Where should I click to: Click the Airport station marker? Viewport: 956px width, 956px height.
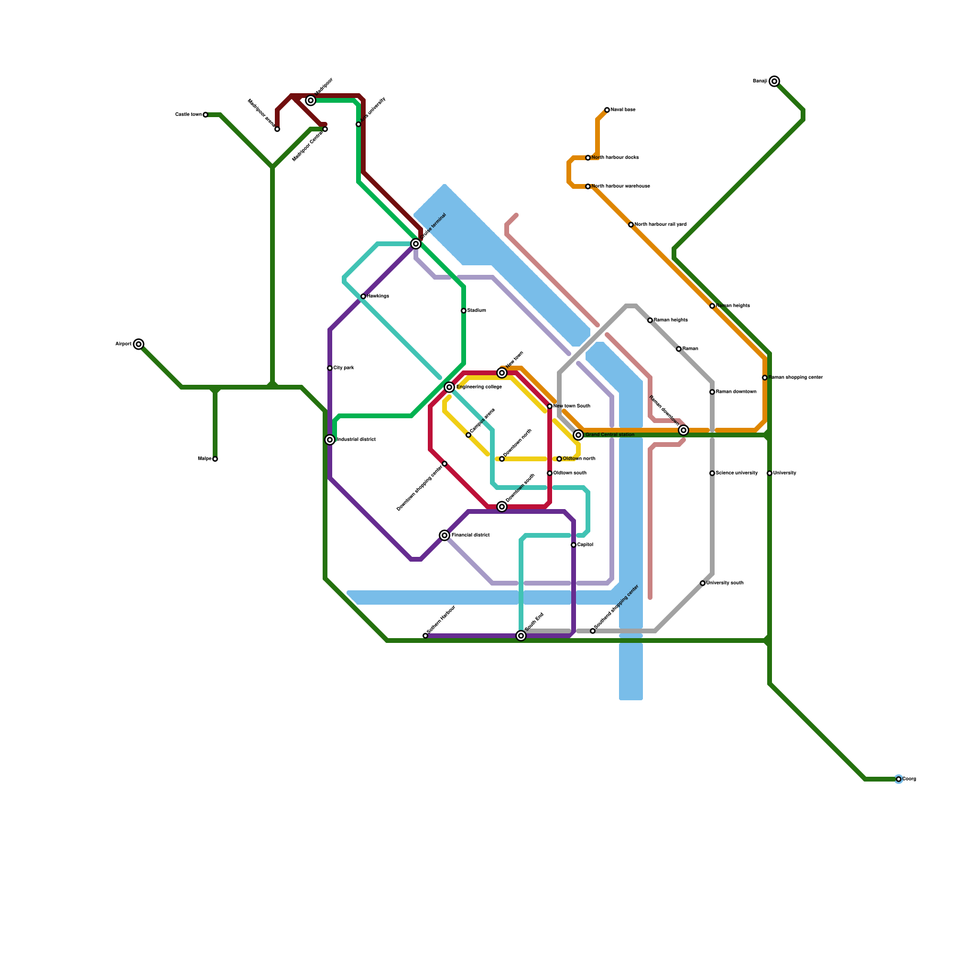tap(139, 344)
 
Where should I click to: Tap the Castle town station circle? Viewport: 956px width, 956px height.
tap(206, 115)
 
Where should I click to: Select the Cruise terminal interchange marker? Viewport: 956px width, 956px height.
tap(416, 244)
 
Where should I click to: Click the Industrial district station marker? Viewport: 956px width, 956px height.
tap(330, 440)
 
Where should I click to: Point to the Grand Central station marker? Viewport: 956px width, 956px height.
tap(578, 435)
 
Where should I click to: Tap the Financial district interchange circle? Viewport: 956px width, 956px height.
tap(445, 535)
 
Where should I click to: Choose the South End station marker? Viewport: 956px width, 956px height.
tap(521, 636)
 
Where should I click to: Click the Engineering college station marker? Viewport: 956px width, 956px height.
tap(449, 387)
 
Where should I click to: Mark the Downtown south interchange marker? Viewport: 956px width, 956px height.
tap(502, 507)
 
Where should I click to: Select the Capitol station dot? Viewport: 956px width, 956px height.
tap(574, 545)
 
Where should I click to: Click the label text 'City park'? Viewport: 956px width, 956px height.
tap(344, 368)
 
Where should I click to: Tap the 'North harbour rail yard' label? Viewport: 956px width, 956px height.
tap(660, 225)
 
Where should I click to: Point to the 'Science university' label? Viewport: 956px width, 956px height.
tap(737, 473)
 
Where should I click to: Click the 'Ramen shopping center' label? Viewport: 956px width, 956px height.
tap(795, 378)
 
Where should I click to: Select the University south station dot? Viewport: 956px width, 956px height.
tap(703, 583)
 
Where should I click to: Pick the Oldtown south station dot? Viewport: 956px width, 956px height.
tap(550, 473)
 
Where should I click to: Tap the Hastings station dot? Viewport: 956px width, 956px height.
tap(363, 296)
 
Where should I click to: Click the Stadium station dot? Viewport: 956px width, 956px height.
tap(464, 311)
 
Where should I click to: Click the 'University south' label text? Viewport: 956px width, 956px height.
tap(725, 583)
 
